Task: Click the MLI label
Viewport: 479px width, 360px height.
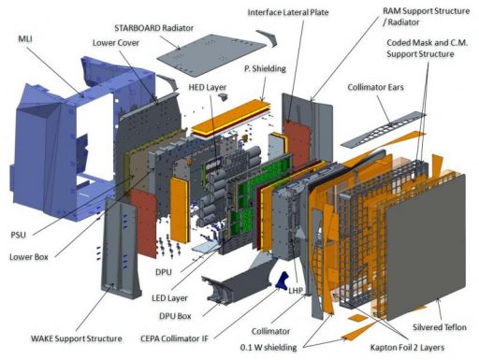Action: point(25,39)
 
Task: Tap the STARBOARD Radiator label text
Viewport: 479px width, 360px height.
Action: point(154,28)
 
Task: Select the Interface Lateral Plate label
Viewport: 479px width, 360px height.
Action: point(288,12)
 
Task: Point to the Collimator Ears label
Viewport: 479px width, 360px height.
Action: point(375,87)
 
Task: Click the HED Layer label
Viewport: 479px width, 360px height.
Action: point(208,87)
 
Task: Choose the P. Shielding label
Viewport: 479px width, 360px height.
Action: point(265,68)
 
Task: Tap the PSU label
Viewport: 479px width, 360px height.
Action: point(19,235)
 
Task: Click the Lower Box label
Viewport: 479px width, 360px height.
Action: point(29,257)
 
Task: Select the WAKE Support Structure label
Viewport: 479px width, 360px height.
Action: point(77,338)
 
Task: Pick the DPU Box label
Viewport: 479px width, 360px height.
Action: point(175,316)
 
